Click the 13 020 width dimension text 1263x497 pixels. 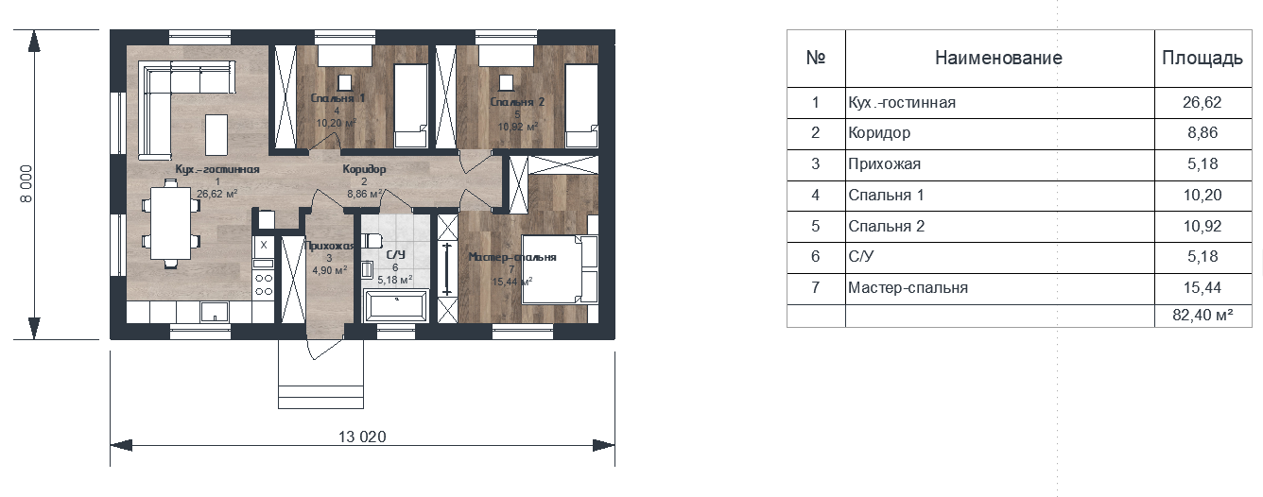(362, 437)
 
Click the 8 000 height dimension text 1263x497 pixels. (26, 183)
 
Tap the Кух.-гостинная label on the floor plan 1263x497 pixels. (217, 169)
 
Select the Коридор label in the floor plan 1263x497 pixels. (364, 168)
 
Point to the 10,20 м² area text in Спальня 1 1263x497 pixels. (336, 123)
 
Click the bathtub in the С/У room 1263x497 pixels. (396, 306)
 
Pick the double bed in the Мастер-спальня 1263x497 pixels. (560, 269)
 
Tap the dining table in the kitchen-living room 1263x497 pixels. (170, 223)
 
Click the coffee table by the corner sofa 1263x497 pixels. (216, 135)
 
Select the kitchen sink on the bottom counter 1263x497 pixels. (215, 312)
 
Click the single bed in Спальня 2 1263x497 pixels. (581, 106)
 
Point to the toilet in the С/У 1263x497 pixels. (370, 241)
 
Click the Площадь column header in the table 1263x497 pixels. (1202, 58)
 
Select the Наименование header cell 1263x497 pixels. (998, 58)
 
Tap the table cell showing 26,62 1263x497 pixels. (1202, 103)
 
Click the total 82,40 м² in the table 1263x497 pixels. (1202, 315)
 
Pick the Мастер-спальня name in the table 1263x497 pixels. (908, 288)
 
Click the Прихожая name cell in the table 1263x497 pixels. (884, 164)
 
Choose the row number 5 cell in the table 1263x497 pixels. (815, 226)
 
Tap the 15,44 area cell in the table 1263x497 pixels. (1202, 288)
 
